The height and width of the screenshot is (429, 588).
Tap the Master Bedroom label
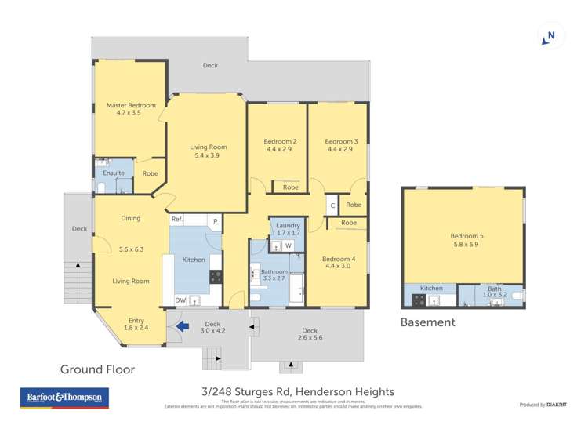point(131,105)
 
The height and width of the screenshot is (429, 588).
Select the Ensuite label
point(114,173)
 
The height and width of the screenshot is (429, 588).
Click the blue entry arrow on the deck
point(181,326)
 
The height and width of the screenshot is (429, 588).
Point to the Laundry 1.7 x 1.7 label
point(289,229)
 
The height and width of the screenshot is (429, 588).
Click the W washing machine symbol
point(289,246)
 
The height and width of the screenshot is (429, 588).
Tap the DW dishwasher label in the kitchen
point(180,300)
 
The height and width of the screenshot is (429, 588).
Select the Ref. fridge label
point(177,220)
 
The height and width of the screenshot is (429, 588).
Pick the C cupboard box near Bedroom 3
point(332,205)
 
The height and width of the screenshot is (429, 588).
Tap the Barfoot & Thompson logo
point(64,398)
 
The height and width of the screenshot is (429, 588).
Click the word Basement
point(427,322)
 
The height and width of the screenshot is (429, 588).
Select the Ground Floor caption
point(98,369)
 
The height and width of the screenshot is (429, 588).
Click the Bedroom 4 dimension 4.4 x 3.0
point(339,267)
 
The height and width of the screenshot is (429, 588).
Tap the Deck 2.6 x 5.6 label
point(310,334)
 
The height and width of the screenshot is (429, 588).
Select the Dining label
point(130,218)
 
